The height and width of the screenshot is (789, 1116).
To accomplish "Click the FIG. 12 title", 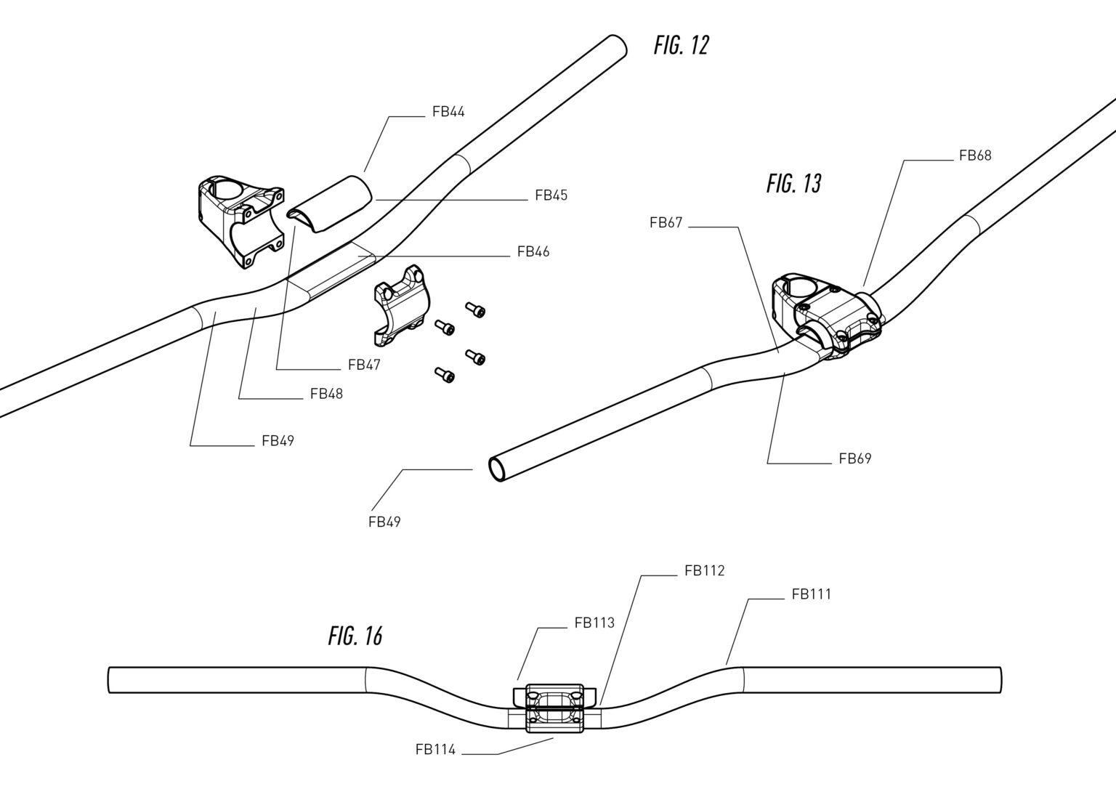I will click(x=681, y=46).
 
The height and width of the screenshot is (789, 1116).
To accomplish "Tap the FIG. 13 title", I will click(x=793, y=184).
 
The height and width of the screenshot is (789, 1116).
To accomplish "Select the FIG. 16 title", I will click(x=355, y=636).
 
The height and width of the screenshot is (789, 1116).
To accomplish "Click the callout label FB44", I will click(x=448, y=112).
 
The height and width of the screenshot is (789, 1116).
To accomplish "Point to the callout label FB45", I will click(x=551, y=195).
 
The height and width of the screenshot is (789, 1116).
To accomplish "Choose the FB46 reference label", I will click(x=533, y=252).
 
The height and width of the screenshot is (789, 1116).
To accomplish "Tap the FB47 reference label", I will click(x=364, y=365).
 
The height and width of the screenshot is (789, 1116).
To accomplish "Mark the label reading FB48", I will click(x=326, y=394).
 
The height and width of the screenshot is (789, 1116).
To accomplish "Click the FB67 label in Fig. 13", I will click(x=666, y=223).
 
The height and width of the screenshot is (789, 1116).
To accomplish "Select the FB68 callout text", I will click(x=975, y=155).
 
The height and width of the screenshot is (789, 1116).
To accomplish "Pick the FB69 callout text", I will click(x=854, y=458).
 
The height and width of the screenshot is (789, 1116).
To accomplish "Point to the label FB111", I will click(x=812, y=594).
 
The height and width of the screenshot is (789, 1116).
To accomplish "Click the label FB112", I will click(x=704, y=571).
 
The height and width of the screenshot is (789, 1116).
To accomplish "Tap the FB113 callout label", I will click(x=594, y=623).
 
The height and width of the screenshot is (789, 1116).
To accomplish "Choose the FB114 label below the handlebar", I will click(x=435, y=749).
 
